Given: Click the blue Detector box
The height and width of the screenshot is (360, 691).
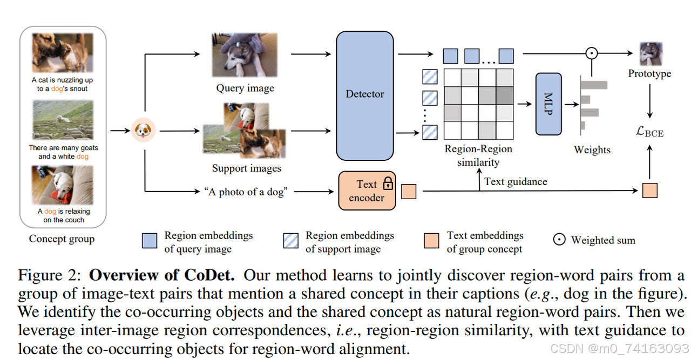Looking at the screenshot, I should click(x=365, y=95).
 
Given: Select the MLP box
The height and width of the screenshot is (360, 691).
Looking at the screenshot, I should click(x=548, y=104).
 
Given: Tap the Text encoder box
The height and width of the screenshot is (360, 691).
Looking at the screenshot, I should click(x=367, y=191).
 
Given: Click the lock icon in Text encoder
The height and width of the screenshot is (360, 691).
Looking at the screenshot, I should click(x=388, y=184).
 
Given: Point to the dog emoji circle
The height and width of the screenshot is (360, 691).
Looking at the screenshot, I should click(x=144, y=130).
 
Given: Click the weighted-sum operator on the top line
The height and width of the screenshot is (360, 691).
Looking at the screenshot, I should click(x=592, y=53).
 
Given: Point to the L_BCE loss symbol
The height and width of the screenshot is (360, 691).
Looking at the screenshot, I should click(x=649, y=131).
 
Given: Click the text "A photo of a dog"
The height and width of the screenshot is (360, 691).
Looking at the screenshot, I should click(x=244, y=192).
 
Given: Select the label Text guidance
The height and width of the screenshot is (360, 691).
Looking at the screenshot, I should click(x=516, y=181).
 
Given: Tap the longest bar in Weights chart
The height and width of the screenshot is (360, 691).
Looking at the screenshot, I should click(x=594, y=85).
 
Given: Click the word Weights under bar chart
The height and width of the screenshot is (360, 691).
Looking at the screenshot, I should click(x=592, y=150).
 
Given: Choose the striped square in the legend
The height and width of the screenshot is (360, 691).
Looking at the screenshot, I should click(x=291, y=241).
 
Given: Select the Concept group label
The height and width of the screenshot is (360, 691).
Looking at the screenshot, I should click(x=62, y=239).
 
